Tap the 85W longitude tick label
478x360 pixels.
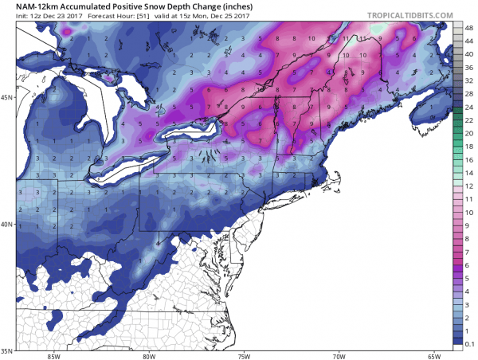click(x=54, y=355)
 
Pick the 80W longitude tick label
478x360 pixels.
click(x=148, y=355)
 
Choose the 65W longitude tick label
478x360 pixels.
click(x=433, y=355)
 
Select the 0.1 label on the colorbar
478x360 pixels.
click(x=469, y=340)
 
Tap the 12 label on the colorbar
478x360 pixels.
click(x=469, y=185)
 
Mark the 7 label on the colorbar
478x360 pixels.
click(x=469, y=251)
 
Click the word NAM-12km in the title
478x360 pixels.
click(x=29, y=6)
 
